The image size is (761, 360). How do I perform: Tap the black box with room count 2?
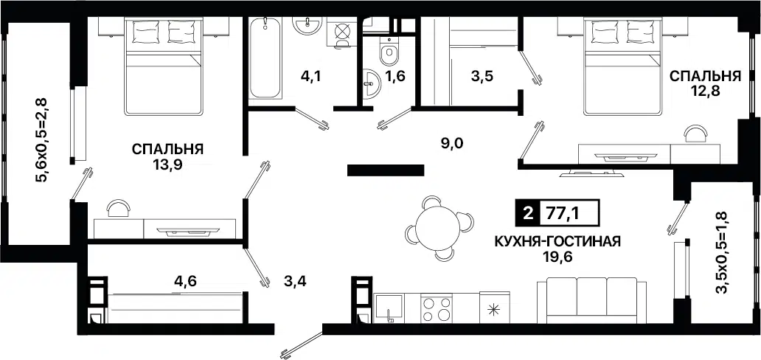(527, 215)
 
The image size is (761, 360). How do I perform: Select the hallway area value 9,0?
(451, 143)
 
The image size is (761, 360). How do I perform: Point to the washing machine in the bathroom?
(344, 33)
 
